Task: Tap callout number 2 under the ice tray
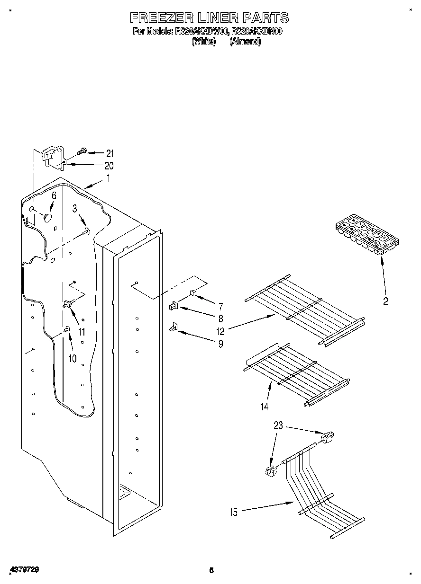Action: [385, 301]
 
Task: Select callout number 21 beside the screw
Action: [110, 153]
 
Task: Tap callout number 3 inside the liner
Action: [75, 209]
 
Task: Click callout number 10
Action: [72, 358]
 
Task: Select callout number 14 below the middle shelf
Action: [264, 406]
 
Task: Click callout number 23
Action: [278, 425]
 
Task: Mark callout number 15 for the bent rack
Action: [233, 511]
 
